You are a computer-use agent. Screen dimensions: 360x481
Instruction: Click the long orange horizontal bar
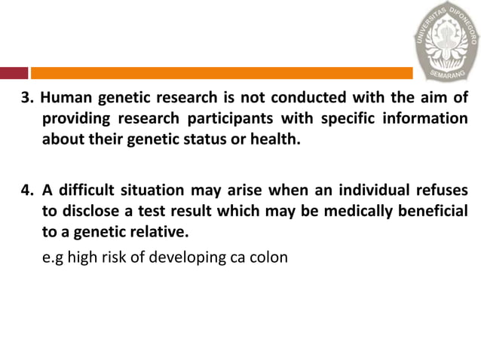222,73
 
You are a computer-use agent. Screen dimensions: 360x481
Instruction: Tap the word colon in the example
271,258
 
